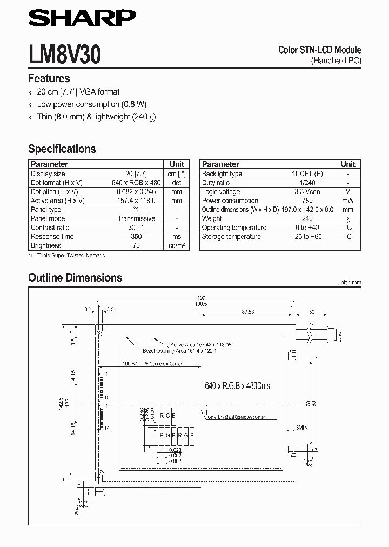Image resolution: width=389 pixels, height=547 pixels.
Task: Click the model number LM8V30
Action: [x=63, y=55]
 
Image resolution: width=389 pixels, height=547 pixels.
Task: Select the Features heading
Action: [x=49, y=78]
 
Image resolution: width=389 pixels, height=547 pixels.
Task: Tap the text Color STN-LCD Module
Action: [x=319, y=50]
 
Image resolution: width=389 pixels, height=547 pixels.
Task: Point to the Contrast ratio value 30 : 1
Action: [x=136, y=228]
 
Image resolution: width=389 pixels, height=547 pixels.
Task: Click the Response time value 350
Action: [x=136, y=237]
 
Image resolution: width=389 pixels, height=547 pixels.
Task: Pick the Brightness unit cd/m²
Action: [x=177, y=246]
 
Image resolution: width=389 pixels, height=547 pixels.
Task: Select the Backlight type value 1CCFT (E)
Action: [x=307, y=174]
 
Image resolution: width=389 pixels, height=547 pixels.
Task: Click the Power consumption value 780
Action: [x=307, y=201]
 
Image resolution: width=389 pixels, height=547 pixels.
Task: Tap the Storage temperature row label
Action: [x=231, y=237]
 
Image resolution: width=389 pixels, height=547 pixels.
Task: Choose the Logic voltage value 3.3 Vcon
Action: [x=307, y=192]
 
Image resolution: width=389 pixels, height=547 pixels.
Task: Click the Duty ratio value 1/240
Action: [x=307, y=183]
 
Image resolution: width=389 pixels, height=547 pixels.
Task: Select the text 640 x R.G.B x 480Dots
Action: [x=238, y=386]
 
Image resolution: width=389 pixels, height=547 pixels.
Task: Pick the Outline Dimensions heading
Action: [x=75, y=278]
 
